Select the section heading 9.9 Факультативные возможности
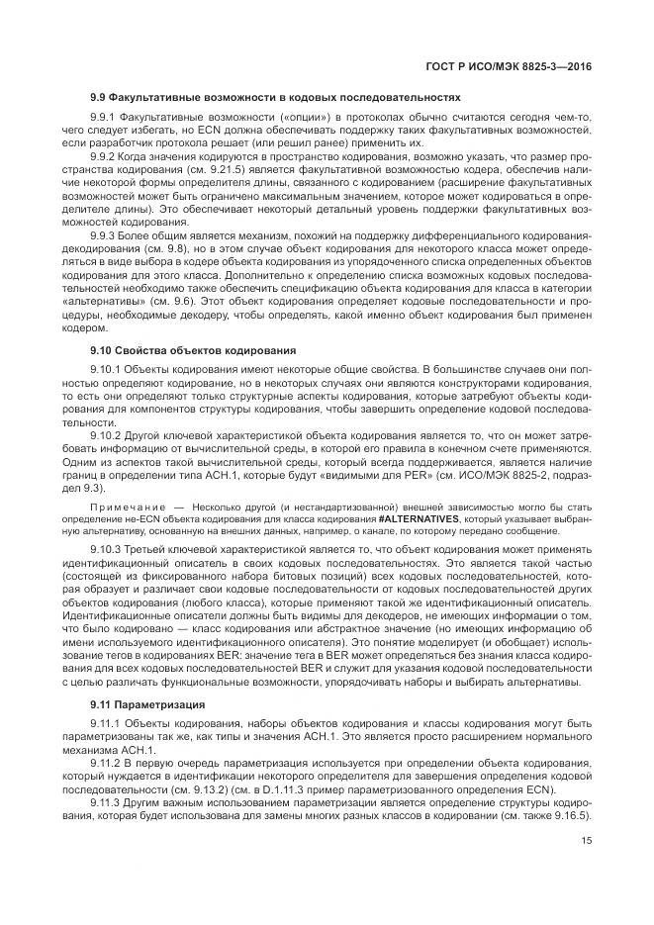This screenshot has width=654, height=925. (275, 98)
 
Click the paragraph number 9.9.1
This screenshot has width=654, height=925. (104, 118)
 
